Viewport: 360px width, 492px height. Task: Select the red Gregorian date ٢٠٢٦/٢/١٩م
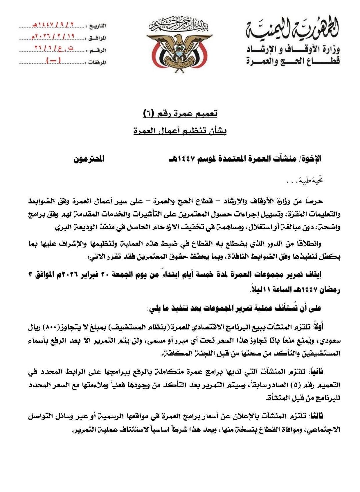(53, 36)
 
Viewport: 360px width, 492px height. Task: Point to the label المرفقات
(97, 62)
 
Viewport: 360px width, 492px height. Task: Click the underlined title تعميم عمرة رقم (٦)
(180, 113)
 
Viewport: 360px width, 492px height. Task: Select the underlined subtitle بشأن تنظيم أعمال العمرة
(180, 131)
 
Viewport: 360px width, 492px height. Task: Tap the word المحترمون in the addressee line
(89, 159)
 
